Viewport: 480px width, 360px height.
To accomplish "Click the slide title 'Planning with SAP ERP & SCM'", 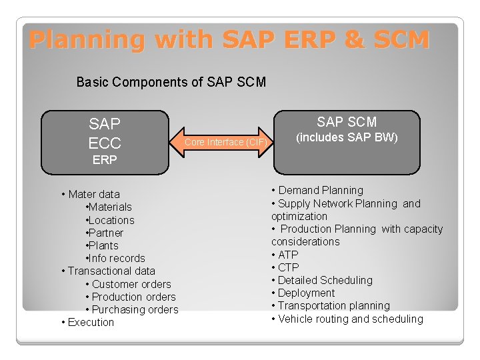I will coord(229,40).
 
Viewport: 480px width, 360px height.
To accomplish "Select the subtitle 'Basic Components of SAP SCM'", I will coord(171,82).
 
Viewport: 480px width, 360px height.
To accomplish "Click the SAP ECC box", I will coord(105,133).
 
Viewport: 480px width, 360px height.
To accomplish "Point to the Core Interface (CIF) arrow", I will coord(226,142).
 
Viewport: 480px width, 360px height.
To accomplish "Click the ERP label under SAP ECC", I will coord(105,161).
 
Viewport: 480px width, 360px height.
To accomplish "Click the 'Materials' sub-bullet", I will coord(110,207).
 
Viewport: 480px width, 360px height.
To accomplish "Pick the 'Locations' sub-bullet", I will coord(111,220).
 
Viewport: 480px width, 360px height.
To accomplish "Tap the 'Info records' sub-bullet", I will coord(117,258).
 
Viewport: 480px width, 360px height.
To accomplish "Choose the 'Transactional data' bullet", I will coord(111,271).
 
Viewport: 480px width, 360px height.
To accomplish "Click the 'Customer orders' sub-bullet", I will coord(131,284).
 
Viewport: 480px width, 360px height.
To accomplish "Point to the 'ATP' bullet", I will coord(287,255).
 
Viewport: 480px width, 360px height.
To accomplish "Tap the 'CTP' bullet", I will coord(287,267).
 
